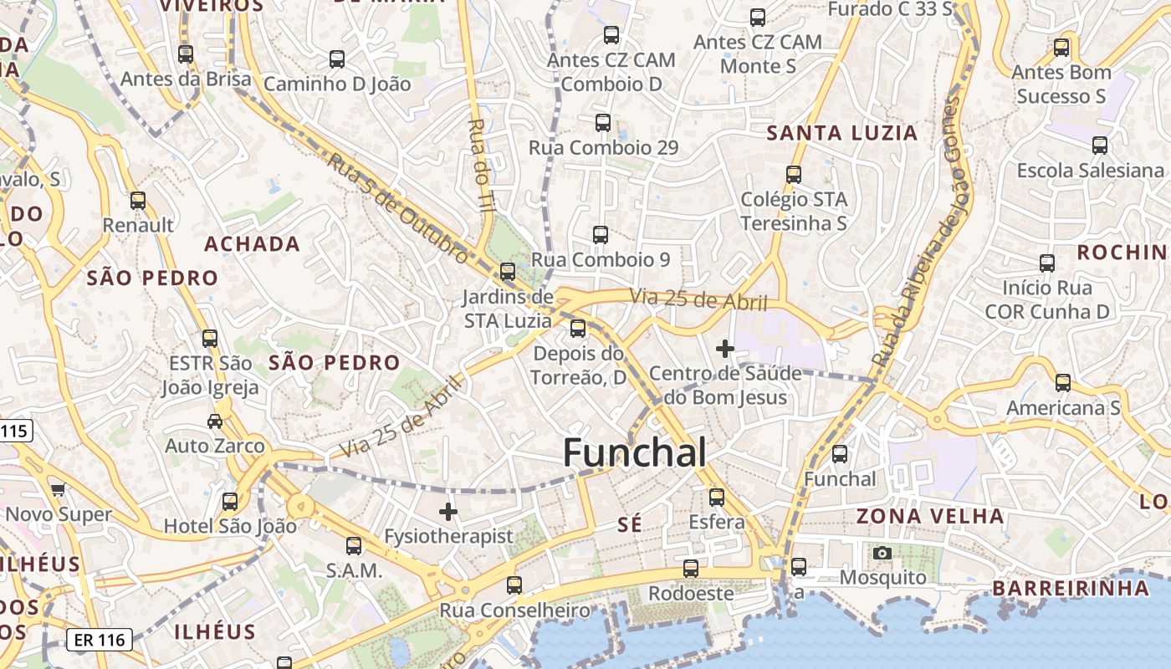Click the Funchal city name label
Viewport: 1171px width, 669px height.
point(634,452)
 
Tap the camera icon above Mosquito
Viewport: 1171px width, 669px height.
point(882,553)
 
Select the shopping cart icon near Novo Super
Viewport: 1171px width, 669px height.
point(58,489)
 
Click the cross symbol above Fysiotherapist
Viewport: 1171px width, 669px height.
point(448,511)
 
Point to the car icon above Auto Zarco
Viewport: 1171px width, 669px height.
point(215,421)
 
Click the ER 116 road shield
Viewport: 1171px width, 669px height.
point(100,641)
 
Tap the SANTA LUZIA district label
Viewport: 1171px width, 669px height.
point(842,133)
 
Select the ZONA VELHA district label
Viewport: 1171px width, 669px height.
point(929,516)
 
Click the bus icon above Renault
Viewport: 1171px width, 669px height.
point(138,201)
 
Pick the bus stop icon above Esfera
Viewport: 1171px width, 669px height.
point(717,497)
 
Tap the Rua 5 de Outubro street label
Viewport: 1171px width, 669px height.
point(397,208)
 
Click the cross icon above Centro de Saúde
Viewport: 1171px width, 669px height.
point(725,348)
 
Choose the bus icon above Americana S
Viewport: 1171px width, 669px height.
point(1062,383)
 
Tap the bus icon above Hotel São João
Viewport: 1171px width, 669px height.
point(230,502)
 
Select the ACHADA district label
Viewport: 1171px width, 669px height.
point(252,244)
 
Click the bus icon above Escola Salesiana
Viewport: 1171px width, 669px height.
point(1100,146)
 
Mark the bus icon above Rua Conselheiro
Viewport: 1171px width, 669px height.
point(514,585)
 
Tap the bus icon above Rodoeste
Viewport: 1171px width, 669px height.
point(691,569)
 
